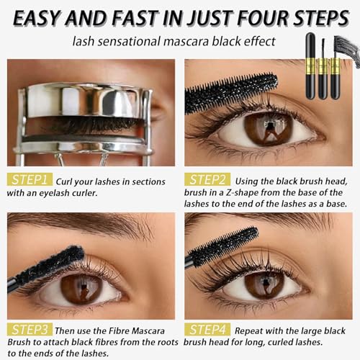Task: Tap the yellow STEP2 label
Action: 207,179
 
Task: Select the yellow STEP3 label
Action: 29,329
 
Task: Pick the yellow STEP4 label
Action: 207,329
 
